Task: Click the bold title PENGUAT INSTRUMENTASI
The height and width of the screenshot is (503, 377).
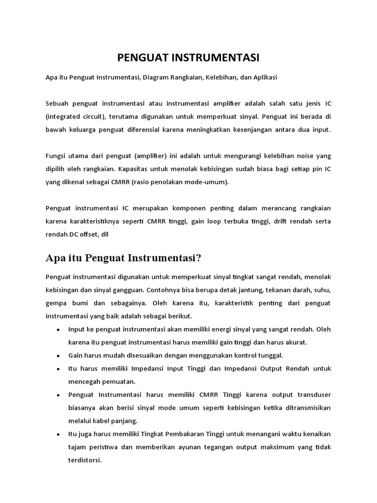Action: (188, 58)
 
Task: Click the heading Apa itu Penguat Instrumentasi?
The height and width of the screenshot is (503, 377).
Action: (124, 258)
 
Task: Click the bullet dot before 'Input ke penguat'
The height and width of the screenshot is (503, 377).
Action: (58, 329)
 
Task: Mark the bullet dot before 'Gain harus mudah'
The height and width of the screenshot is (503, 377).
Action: (58, 355)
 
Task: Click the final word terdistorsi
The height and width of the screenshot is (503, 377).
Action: (85, 460)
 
